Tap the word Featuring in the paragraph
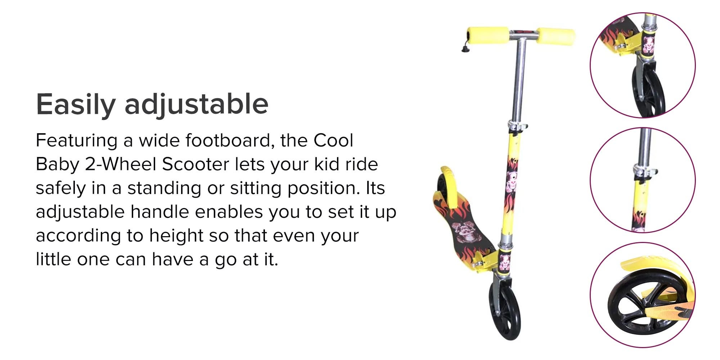tap(77, 141)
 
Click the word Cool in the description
tap(333, 140)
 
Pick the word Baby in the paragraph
tap(57, 165)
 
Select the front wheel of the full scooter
tap(505, 310)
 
